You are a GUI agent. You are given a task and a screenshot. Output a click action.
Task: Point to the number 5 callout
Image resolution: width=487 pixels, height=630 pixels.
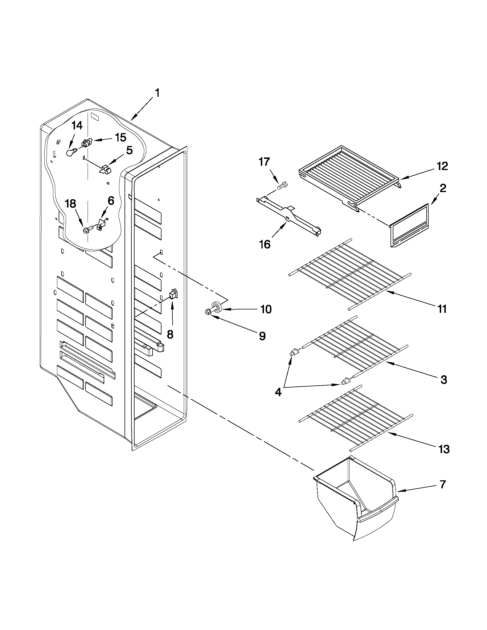click(129, 150)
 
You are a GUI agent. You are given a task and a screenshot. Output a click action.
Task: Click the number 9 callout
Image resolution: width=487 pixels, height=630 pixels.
click(262, 336)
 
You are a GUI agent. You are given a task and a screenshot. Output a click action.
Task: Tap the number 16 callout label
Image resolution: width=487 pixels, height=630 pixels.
click(265, 244)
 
